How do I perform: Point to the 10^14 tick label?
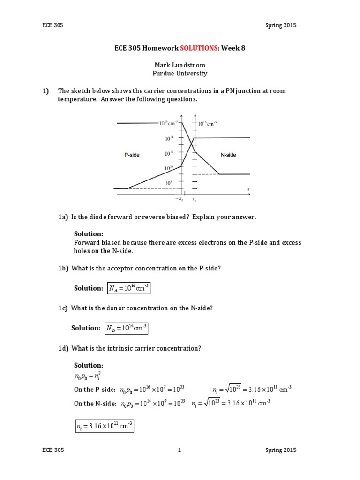coord(169,138)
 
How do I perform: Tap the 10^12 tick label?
coord(169,153)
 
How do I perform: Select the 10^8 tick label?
coord(169,183)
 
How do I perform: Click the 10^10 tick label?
coord(169,168)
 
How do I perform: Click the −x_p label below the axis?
coord(179,198)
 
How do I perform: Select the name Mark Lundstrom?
coord(180,65)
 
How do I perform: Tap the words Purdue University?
coord(180,74)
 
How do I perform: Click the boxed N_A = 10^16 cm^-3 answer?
coord(128,288)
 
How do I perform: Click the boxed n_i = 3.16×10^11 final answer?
coord(104,426)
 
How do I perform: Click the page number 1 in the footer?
coord(180,450)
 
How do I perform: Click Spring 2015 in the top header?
coord(280,25)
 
